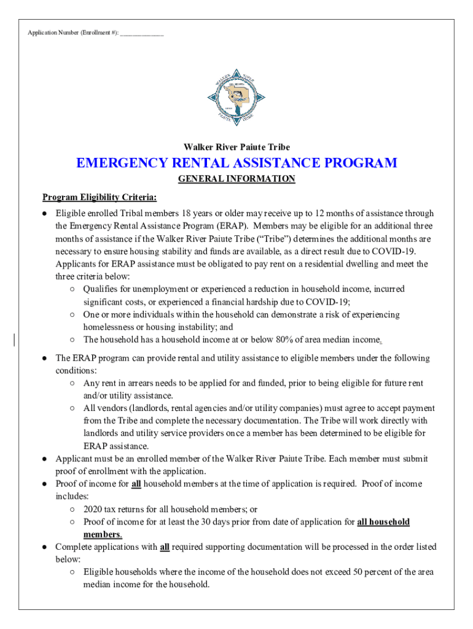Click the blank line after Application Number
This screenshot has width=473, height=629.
click(x=142, y=33)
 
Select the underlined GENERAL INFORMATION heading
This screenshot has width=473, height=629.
click(x=237, y=179)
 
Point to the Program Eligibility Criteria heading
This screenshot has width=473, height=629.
click(x=100, y=197)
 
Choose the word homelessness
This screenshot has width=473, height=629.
click(x=109, y=327)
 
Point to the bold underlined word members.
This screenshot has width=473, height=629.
click(x=101, y=534)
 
